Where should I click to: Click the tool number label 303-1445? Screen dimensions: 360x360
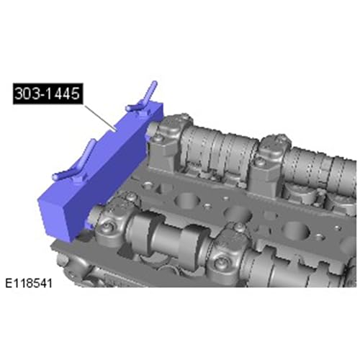coord(48,94)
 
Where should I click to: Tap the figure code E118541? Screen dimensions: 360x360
coord(29,284)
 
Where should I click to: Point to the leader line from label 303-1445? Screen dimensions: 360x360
coord(100,117)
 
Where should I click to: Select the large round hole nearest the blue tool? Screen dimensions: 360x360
coord(186,199)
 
